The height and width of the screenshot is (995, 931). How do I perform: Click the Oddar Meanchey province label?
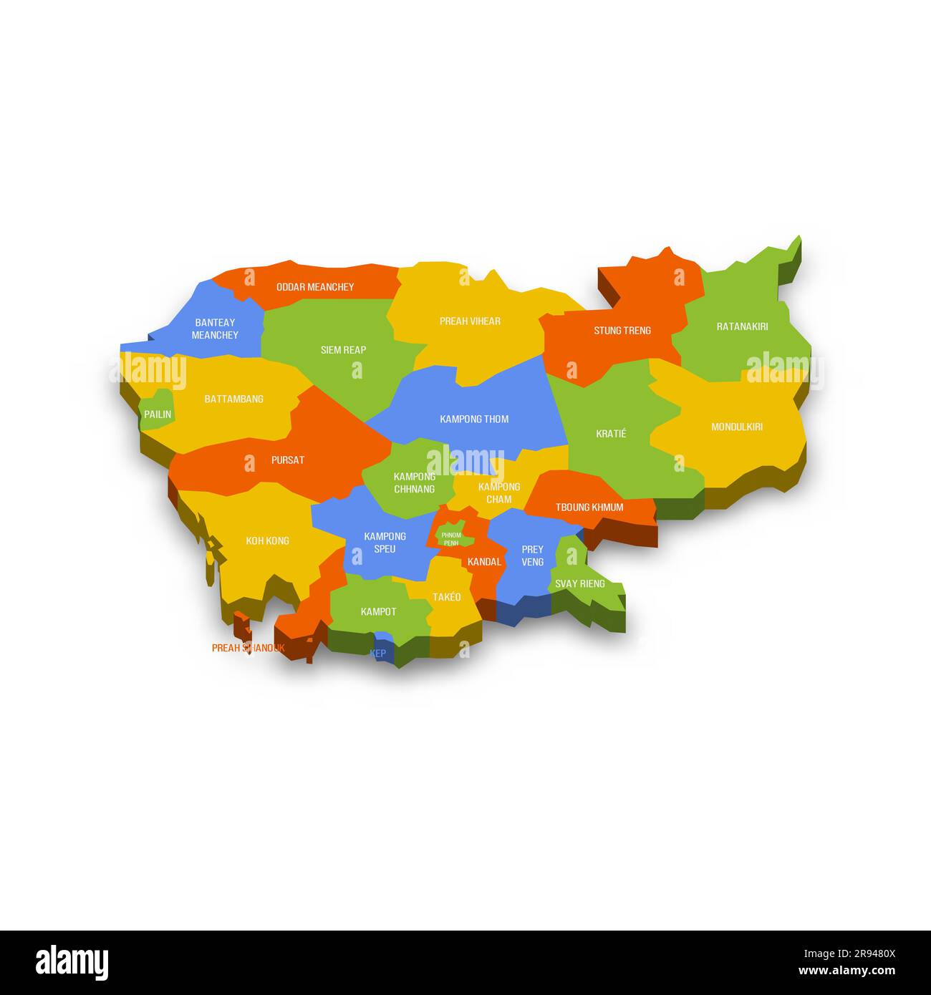point(315,287)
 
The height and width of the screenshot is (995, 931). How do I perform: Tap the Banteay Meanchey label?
point(215,329)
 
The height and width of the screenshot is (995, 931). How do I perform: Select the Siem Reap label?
point(343,350)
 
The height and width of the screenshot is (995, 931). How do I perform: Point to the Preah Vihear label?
point(470,321)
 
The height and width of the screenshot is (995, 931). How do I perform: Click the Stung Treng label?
point(622,331)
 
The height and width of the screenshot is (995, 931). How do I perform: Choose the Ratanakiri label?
point(742,326)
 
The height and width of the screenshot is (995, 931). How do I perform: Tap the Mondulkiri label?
point(736,427)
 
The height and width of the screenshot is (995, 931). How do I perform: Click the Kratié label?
point(611,434)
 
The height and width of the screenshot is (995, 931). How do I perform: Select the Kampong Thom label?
point(474,419)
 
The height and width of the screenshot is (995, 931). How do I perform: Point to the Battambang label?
point(233,399)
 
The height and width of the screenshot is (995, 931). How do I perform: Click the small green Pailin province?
point(158,412)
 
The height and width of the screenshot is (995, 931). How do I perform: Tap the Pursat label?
point(287,460)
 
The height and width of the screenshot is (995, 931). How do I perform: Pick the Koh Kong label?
point(267,541)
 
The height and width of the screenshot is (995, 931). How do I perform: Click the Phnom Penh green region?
point(451,538)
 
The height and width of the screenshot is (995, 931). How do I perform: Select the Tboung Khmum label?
point(589,508)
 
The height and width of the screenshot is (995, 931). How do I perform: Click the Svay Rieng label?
point(579,583)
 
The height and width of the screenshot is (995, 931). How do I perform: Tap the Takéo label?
point(446,597)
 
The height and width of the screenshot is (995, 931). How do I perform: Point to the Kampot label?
point(378,611)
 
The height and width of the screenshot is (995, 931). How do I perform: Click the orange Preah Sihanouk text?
point(248,648)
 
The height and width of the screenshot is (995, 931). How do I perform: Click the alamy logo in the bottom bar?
point(72,962)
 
